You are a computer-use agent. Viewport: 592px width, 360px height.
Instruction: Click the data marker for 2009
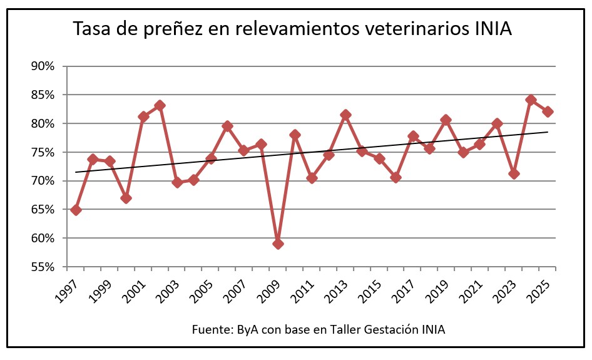[x=278, y=244]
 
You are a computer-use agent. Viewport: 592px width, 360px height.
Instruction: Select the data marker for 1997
[x=76, y=210]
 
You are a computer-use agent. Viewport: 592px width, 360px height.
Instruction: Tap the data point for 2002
[x=160, y=105]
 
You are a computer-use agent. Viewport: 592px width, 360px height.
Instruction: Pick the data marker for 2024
[x=531, y=100]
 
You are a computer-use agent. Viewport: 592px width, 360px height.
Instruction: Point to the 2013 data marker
[x=345, y=115]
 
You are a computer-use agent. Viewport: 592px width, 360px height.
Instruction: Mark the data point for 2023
[x=514, y=173]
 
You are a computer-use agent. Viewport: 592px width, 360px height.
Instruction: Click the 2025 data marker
[x=548, y=111]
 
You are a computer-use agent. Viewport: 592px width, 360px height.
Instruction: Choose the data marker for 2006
[x=227, y=126]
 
